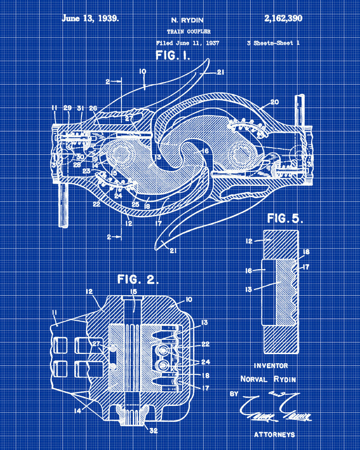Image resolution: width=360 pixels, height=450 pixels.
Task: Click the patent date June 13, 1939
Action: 90,18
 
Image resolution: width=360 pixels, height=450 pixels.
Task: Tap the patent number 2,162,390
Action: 283,18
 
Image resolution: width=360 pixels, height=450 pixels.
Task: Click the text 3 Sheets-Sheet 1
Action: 273,43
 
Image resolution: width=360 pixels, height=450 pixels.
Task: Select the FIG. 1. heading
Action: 173,56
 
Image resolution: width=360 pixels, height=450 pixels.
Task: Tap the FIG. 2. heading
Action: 138,279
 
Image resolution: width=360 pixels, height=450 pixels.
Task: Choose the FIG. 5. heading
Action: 285,219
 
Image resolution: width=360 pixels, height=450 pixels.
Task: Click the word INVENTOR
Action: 271,365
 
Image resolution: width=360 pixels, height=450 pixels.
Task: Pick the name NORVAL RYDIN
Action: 269,379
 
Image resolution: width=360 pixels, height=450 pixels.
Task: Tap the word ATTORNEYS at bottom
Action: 274,434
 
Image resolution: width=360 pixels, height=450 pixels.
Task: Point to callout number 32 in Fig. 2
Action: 153,431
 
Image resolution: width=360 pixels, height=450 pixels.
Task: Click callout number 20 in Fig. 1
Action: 274,102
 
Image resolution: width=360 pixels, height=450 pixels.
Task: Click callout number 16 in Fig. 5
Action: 249,270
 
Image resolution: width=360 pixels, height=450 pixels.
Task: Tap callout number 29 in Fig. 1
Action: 67,108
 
